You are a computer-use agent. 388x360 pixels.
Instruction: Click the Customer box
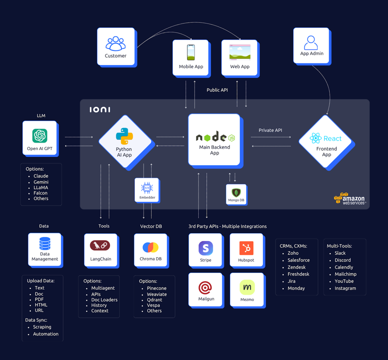coord(116,47)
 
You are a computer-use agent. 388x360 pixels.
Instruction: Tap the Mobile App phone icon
coord(191,52)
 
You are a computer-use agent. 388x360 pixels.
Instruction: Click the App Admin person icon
coord(311,42)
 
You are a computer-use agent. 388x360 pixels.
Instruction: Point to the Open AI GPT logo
coord(40,135)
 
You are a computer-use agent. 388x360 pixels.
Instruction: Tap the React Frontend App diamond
coord(326,142)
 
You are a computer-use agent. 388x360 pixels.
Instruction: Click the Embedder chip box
coord(147,190)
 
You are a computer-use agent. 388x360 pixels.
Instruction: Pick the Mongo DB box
coord(236,194)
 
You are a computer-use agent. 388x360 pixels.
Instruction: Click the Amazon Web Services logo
coord(349,198)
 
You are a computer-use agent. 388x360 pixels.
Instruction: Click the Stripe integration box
coord(205,250)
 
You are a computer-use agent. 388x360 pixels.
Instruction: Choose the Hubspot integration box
coord(246,250)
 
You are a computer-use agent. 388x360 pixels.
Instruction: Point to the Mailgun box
coord(205,289)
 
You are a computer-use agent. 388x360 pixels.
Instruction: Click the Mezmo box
coord(247,290)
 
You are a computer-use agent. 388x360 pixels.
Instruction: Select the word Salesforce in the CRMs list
coord(299,260)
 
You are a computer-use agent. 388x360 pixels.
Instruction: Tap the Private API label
coord(270,130)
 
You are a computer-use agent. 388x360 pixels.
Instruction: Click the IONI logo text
coord(100,110)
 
